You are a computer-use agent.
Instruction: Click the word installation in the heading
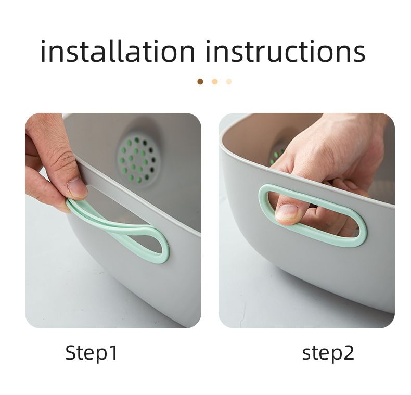pyautogui.click(x=118, y=51)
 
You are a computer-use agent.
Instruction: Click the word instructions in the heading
pyautogui.click(x=286, y=51)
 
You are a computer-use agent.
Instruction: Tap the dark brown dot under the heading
pyautogui.click(x=200, y=82)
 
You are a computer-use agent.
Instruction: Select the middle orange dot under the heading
pyautogui.click(x=215, y=82)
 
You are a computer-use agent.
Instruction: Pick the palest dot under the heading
pyautogui.click(x=229, y=82)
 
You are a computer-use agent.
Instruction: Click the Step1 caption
pyautogui.click(x=91, y=353)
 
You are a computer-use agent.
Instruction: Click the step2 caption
pyautogui.click(x=328, y=353)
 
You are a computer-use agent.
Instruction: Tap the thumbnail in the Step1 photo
pyautogui.click(x=77, y=187)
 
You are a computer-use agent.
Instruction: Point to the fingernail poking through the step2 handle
pyautogui.click(x=287, y=212)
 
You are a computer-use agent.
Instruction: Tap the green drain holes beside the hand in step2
pyautogui.click(x=277, y=157)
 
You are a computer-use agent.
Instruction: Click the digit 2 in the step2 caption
pyautogui.click(x=349, y=352)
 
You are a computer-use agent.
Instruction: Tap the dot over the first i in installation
pyautogui.click(x=44, y=42)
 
